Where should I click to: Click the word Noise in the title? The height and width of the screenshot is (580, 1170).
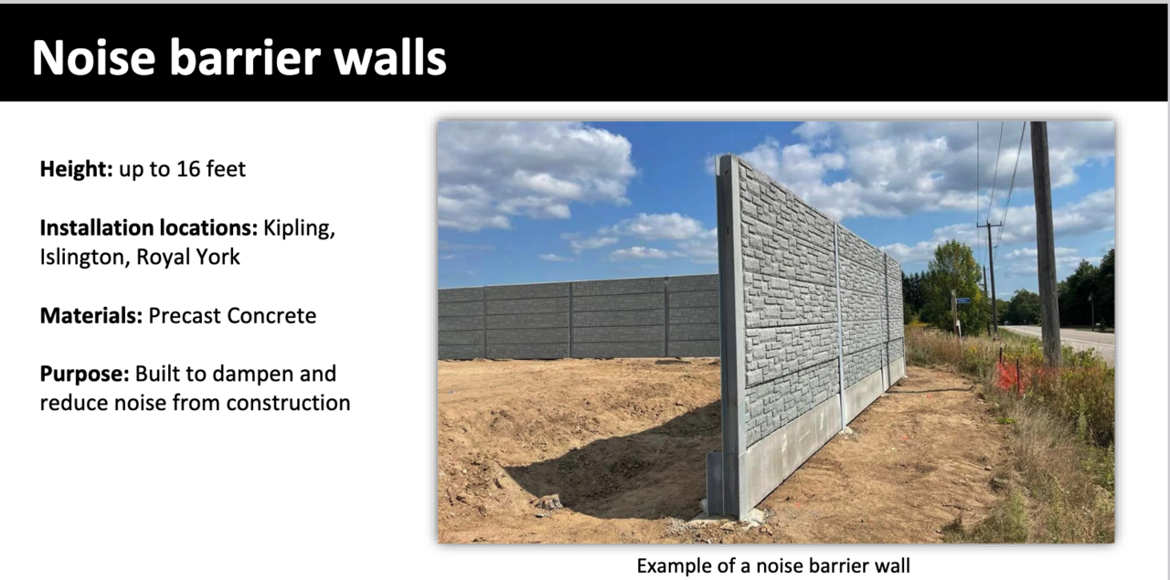click(94, 58)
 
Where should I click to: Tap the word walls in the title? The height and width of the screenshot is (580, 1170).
click(390, 58)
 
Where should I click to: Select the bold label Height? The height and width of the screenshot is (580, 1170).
click(76, 170)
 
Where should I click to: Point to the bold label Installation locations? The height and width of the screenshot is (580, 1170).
click(149, 228)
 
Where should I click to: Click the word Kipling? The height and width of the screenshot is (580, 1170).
click(299, 228)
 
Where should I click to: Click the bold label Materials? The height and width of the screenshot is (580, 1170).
click(91, 316)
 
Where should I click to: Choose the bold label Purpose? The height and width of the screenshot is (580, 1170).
click(85, 374)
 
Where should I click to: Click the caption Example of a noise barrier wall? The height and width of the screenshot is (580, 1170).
click(773, 566)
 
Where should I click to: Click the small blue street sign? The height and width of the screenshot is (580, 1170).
click(963, 301)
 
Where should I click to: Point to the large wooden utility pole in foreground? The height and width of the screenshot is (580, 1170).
click(1047, 243)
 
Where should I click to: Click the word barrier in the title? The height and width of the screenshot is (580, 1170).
click(244, 58)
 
